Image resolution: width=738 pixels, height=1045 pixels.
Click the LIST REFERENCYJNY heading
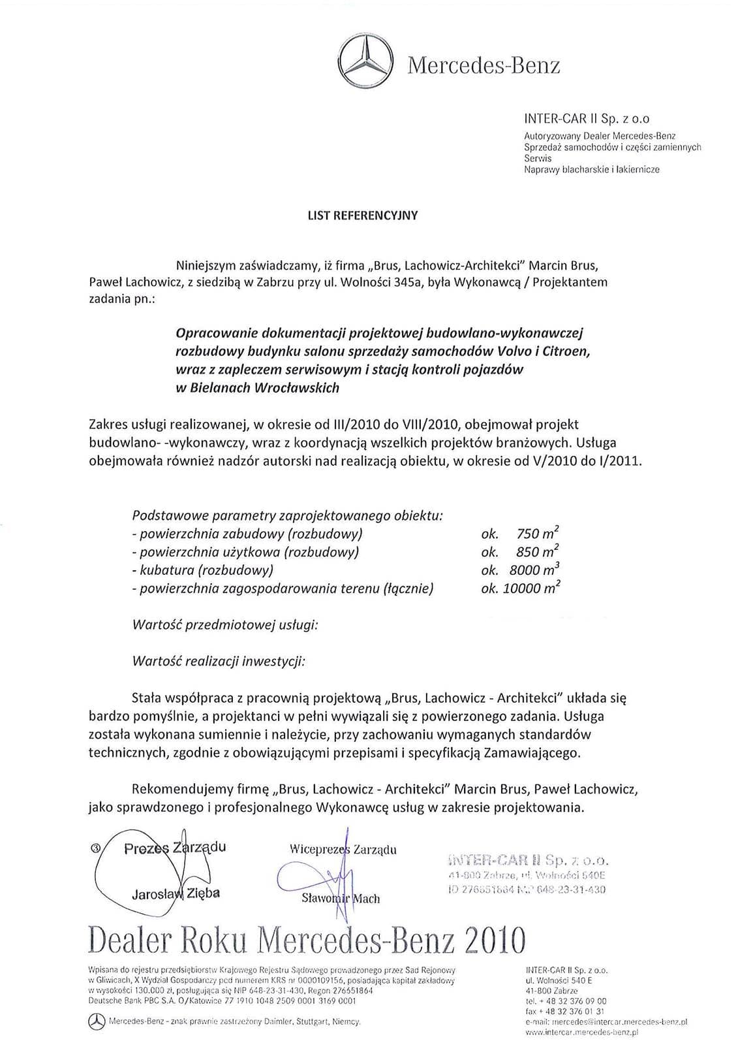point(362,215)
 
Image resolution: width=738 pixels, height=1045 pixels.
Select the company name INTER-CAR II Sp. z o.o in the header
point(587,119)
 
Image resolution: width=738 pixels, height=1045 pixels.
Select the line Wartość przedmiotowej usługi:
point(225,624)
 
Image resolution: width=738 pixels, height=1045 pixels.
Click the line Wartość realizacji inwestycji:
point(219,661)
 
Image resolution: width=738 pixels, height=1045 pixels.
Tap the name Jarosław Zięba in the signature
point(176,893)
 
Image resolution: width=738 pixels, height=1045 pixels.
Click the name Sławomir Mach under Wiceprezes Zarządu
point(341,899)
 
